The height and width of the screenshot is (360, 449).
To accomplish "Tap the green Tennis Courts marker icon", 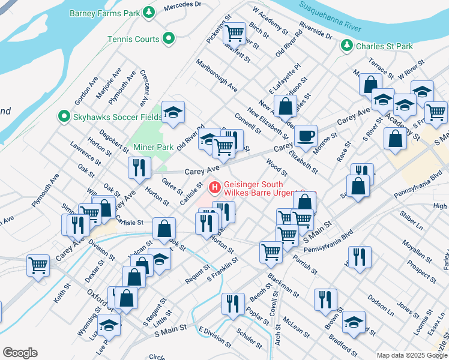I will click(x=169, y=39).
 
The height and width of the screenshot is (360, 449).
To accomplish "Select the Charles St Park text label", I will click(x=384, y=46).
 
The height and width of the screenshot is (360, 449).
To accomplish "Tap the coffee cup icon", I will click(x=307, y=136).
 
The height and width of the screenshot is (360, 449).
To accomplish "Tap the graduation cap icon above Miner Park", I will click(x=173, y=112).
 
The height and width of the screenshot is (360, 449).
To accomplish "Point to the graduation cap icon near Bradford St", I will click(x=354, y=321).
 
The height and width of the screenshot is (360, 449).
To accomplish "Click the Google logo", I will click(x=20, y=353).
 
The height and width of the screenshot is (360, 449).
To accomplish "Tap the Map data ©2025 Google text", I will click(x=412, y=355).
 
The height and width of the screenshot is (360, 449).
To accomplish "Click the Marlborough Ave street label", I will click(x=215, y=76).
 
